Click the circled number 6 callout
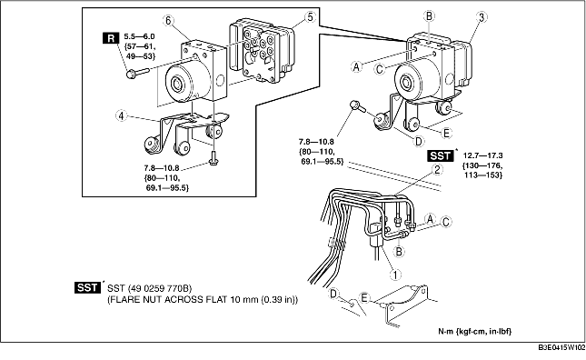click(x=168, y=21)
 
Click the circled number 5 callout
click(x=310, y=17)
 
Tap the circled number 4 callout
click(x=121, y=115)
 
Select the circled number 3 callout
click(x=482, y=17)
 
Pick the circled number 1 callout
click(x=395, y=275)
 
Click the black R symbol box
click(x=111, y=38)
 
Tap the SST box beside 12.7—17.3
click(x=441, y=155)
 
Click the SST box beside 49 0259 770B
click(x=88, y=287)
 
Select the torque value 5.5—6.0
click(x=139, y=36)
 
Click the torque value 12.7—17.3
click(x=482, y=155)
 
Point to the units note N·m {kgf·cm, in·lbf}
click(x=474, y=331)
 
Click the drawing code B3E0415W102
click(x=561, y=347)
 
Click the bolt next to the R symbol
click(x=137, y=73)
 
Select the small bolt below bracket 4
click(x=214, y=158)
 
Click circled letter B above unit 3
click(x=429, y=16)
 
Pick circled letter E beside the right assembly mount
click(x=446, y=133)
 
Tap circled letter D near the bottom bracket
click(x=333, y=295)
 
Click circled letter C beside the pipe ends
click(x=445, y=222)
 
